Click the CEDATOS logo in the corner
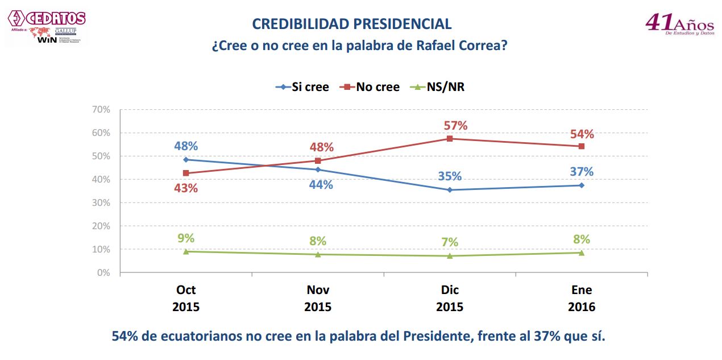pyautogui.click(x=48, y=18)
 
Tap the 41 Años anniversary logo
pyautogui.click(x=679, y=24)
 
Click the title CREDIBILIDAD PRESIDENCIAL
pyautogui.click(x=352, y=24)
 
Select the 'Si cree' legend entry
pyautogui.click(x=302, y=87)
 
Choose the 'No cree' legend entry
pyautogui.click(x=370, y=87)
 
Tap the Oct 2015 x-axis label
pyautogui.click(x=186, y=298)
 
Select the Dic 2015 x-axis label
pyautogui.click(x=450, y=298)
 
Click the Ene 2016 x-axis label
pyautogui.click(x=582, y=298)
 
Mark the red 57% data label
pyautogui.click(x=455, y=126)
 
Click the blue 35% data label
pyautogui.click(x=449, y=176)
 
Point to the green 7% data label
pyautogui.click(x=449, y=242)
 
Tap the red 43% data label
pyautogui.click(x=186, y=188)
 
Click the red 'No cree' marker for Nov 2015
pyautogui.click(x=318, y=160)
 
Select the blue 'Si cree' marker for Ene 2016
pyautogui.click(x=582, y=185)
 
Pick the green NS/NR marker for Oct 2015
pyautogui.click(x=186, y=251)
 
